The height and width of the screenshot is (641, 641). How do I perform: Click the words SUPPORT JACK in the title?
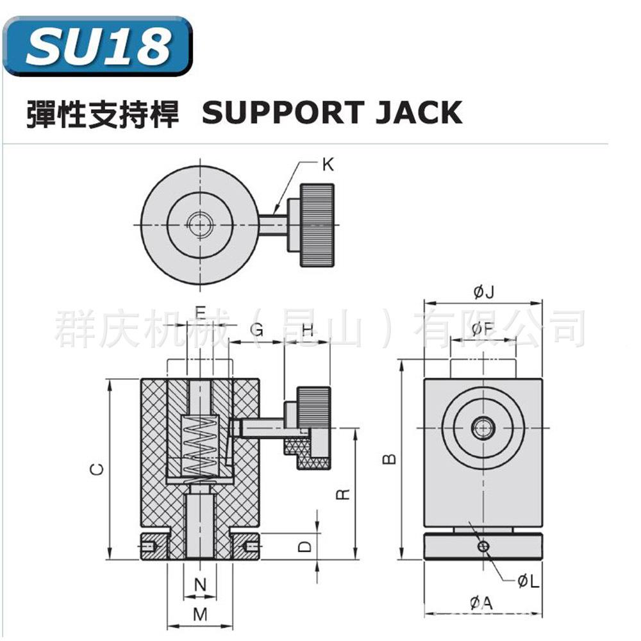pos(331,113)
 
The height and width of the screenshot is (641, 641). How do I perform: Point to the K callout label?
pos(328,165)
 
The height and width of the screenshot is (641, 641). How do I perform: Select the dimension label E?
pos(200,313)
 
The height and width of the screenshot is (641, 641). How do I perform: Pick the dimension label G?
pos(256,330)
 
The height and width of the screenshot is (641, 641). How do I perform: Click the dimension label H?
pos(307,330)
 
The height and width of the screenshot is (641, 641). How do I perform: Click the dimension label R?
pos(343,494)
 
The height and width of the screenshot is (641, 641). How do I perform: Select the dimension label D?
pos(306,546)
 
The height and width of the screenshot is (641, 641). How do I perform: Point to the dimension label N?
pos(200,585)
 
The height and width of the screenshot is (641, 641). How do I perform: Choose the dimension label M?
pos(200,614)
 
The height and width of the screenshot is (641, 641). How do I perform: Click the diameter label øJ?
pos(484,292)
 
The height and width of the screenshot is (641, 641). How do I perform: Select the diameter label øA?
pos(482,603)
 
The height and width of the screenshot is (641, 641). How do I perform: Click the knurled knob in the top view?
pos(317,224)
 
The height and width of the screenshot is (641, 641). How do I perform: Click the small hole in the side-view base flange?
pos(483,546)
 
